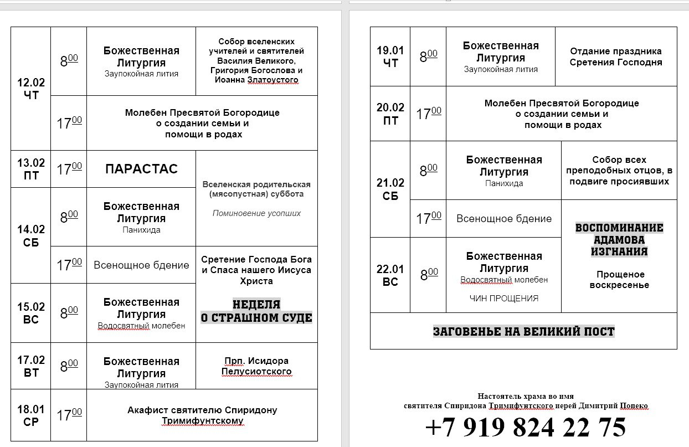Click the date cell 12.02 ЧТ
point(31,89)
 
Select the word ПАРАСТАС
point(141,169)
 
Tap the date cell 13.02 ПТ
point(31,169)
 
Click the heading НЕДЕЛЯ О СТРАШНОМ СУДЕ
point(256,311)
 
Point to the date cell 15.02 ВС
point(31,313)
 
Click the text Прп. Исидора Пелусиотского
point(256,366)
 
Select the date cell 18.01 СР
point(31,415)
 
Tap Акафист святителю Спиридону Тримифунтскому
point(202,415)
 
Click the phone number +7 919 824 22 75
point(526,428)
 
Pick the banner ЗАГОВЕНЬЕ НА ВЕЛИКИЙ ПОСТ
point(523,332)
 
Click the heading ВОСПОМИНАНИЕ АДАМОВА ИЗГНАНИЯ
point(619,239)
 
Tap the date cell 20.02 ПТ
point(390,114)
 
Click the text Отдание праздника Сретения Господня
point(616,56)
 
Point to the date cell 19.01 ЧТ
point(390,56)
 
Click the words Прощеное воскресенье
point(619,280)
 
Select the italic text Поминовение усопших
point(256,213)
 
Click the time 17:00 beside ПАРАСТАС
point(69,169)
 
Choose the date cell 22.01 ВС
point(390,275)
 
